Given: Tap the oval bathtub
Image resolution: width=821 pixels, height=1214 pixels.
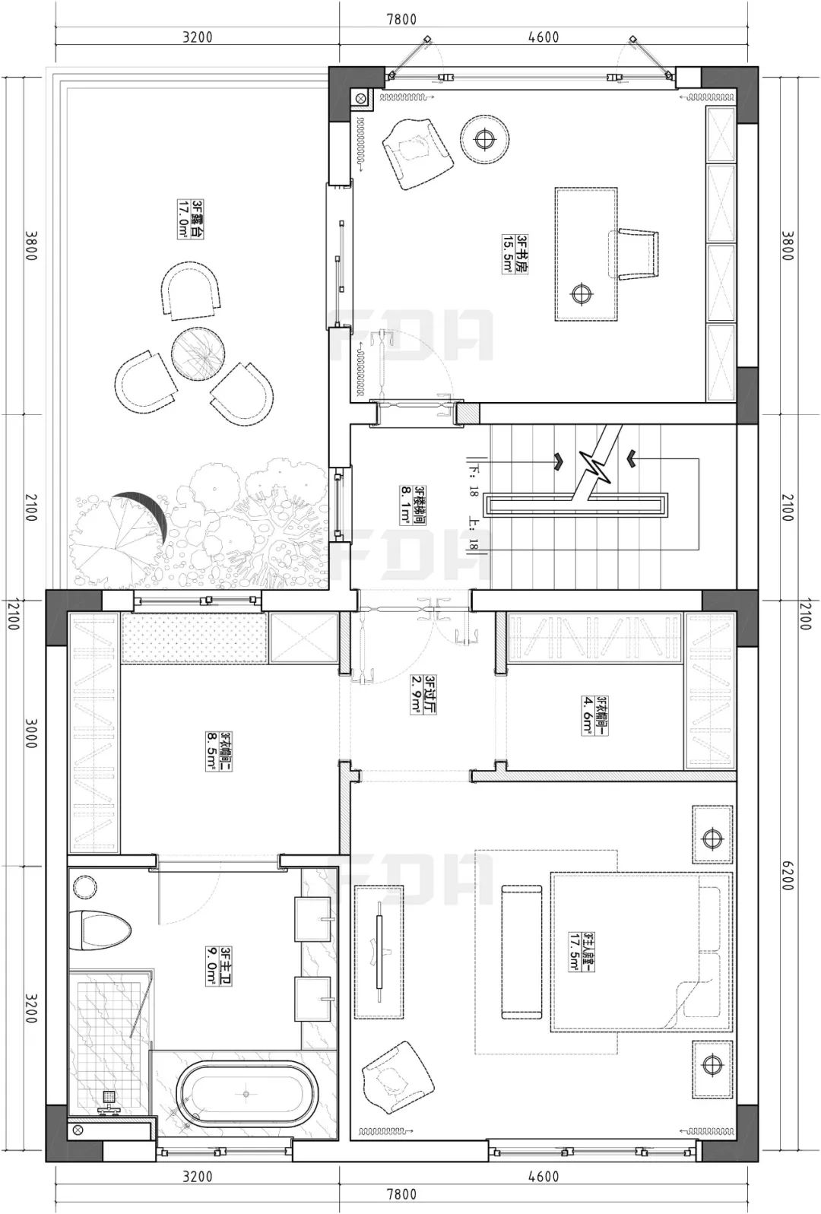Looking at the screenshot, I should pyautogui.click(x=246, y=1094).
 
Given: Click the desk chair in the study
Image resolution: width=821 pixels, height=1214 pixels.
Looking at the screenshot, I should pyautogui.click(x=635, y=254).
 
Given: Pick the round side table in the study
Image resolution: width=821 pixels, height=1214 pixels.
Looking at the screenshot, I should pyautogui.click(x=484, y=139).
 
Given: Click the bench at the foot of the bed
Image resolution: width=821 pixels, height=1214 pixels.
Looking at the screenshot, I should pyautogui.click(x=522, y=951).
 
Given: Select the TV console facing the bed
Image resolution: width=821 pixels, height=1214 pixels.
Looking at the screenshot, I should pyautogui.click(x=379, y=952).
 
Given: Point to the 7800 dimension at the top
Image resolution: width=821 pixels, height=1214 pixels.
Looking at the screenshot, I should pyautogui.click(x=401, y=20).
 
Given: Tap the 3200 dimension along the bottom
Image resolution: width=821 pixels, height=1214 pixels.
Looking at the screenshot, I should pyautogui.click(x=198, y=1177).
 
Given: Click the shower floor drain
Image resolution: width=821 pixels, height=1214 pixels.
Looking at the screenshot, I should pyautogui.click(x=109, y=1097).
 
